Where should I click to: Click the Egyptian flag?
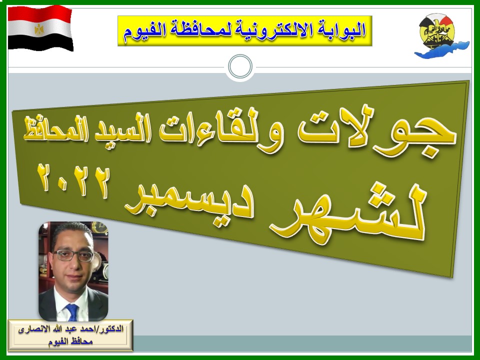(40, 28)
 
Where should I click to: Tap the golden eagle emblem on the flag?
(39, 29)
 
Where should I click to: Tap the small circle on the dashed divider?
(240, 66)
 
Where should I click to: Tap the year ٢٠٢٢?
(73, 181)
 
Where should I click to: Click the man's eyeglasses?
(73, 255)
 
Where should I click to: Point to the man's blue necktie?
(72, 312)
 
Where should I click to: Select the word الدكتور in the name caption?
(114, 329)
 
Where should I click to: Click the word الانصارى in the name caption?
(30, 330)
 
